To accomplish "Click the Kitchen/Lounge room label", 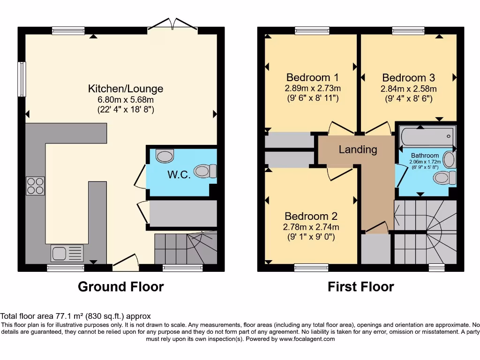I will pyautogui.click(x=126, y=88).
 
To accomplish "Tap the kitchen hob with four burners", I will pyautogui.click(x=35, y=185).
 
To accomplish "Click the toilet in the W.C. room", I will pyautogui.click(x=205, y=171).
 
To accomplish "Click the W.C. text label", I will pyautogui.click(x=179, y=175).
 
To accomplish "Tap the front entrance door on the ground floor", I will pyautogui.click(x=126, y=262).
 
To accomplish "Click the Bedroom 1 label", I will pyautogui.click(x=312, y=77).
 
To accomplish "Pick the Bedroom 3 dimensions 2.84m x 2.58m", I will pyautogui.click(x=408, y=89).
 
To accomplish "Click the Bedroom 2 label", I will pyautogui.click(x=311, y=216).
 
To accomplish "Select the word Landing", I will pyautogui.click(x=358, y=150).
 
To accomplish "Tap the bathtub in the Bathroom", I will pyautogui.click(x=427, y=136).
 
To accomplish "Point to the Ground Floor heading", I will pyautogui.click(x=120, y=286).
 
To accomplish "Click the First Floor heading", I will pyautogui.click(x=360, y=286).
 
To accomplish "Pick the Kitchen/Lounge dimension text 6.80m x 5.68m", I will pyautogui.click(x=126, y=99).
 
